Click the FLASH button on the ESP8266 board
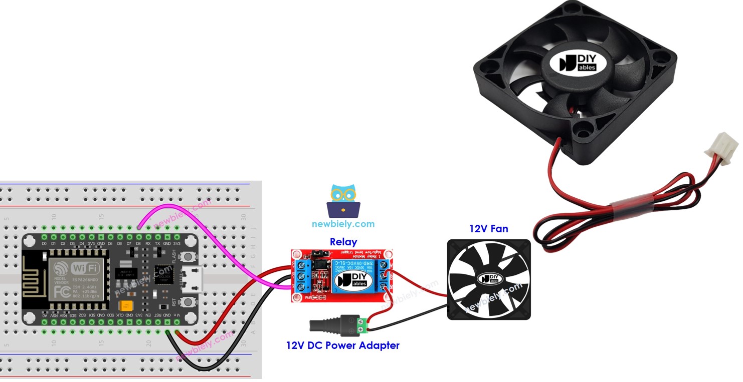tap(188, 256)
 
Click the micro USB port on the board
tap(193, 279)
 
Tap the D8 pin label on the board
tap(138, 244)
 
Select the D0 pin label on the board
tap(44, 244)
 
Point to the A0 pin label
tap(44, 315)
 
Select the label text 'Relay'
tap(343, 242)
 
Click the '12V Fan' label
tap(488, 229)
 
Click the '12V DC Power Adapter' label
tap(342, 345)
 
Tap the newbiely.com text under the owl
tap(343, 224)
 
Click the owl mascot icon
tap(343, 200)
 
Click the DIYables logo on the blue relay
tap(353, 280)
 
